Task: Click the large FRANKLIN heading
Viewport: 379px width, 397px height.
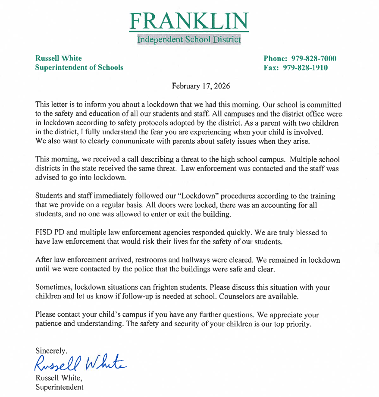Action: [189, 21]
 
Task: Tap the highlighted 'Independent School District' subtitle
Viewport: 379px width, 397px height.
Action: [189, 40]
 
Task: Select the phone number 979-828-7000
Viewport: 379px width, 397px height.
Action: [314, 59]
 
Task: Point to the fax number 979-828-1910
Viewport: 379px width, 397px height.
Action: [305, 68]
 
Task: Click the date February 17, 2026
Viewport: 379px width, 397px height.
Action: [201, 86]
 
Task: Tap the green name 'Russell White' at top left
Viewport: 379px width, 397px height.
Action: [58, 58]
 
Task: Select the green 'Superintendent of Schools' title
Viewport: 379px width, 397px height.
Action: [79, 67]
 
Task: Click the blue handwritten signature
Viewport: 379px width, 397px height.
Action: [80, 363]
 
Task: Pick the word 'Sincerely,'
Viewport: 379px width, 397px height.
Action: [51, 350]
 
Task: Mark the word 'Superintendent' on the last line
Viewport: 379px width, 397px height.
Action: [60, 387]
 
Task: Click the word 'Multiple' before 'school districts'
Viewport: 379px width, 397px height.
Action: [288, 160]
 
